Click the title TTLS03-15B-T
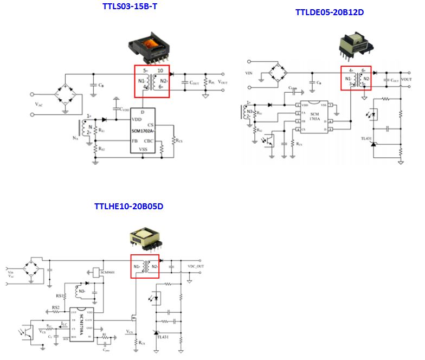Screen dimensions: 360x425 [x=133, y=7]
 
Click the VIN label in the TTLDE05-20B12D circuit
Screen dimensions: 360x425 [x=249, y=72]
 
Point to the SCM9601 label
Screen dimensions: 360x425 [x=106, y=271]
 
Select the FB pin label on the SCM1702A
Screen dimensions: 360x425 [x=134, y=140]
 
